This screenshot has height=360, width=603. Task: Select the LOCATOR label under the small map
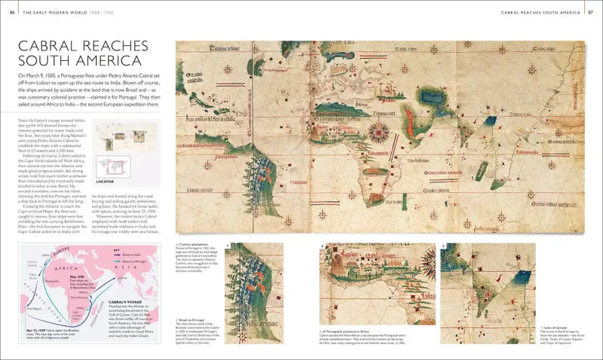[105, 182]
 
